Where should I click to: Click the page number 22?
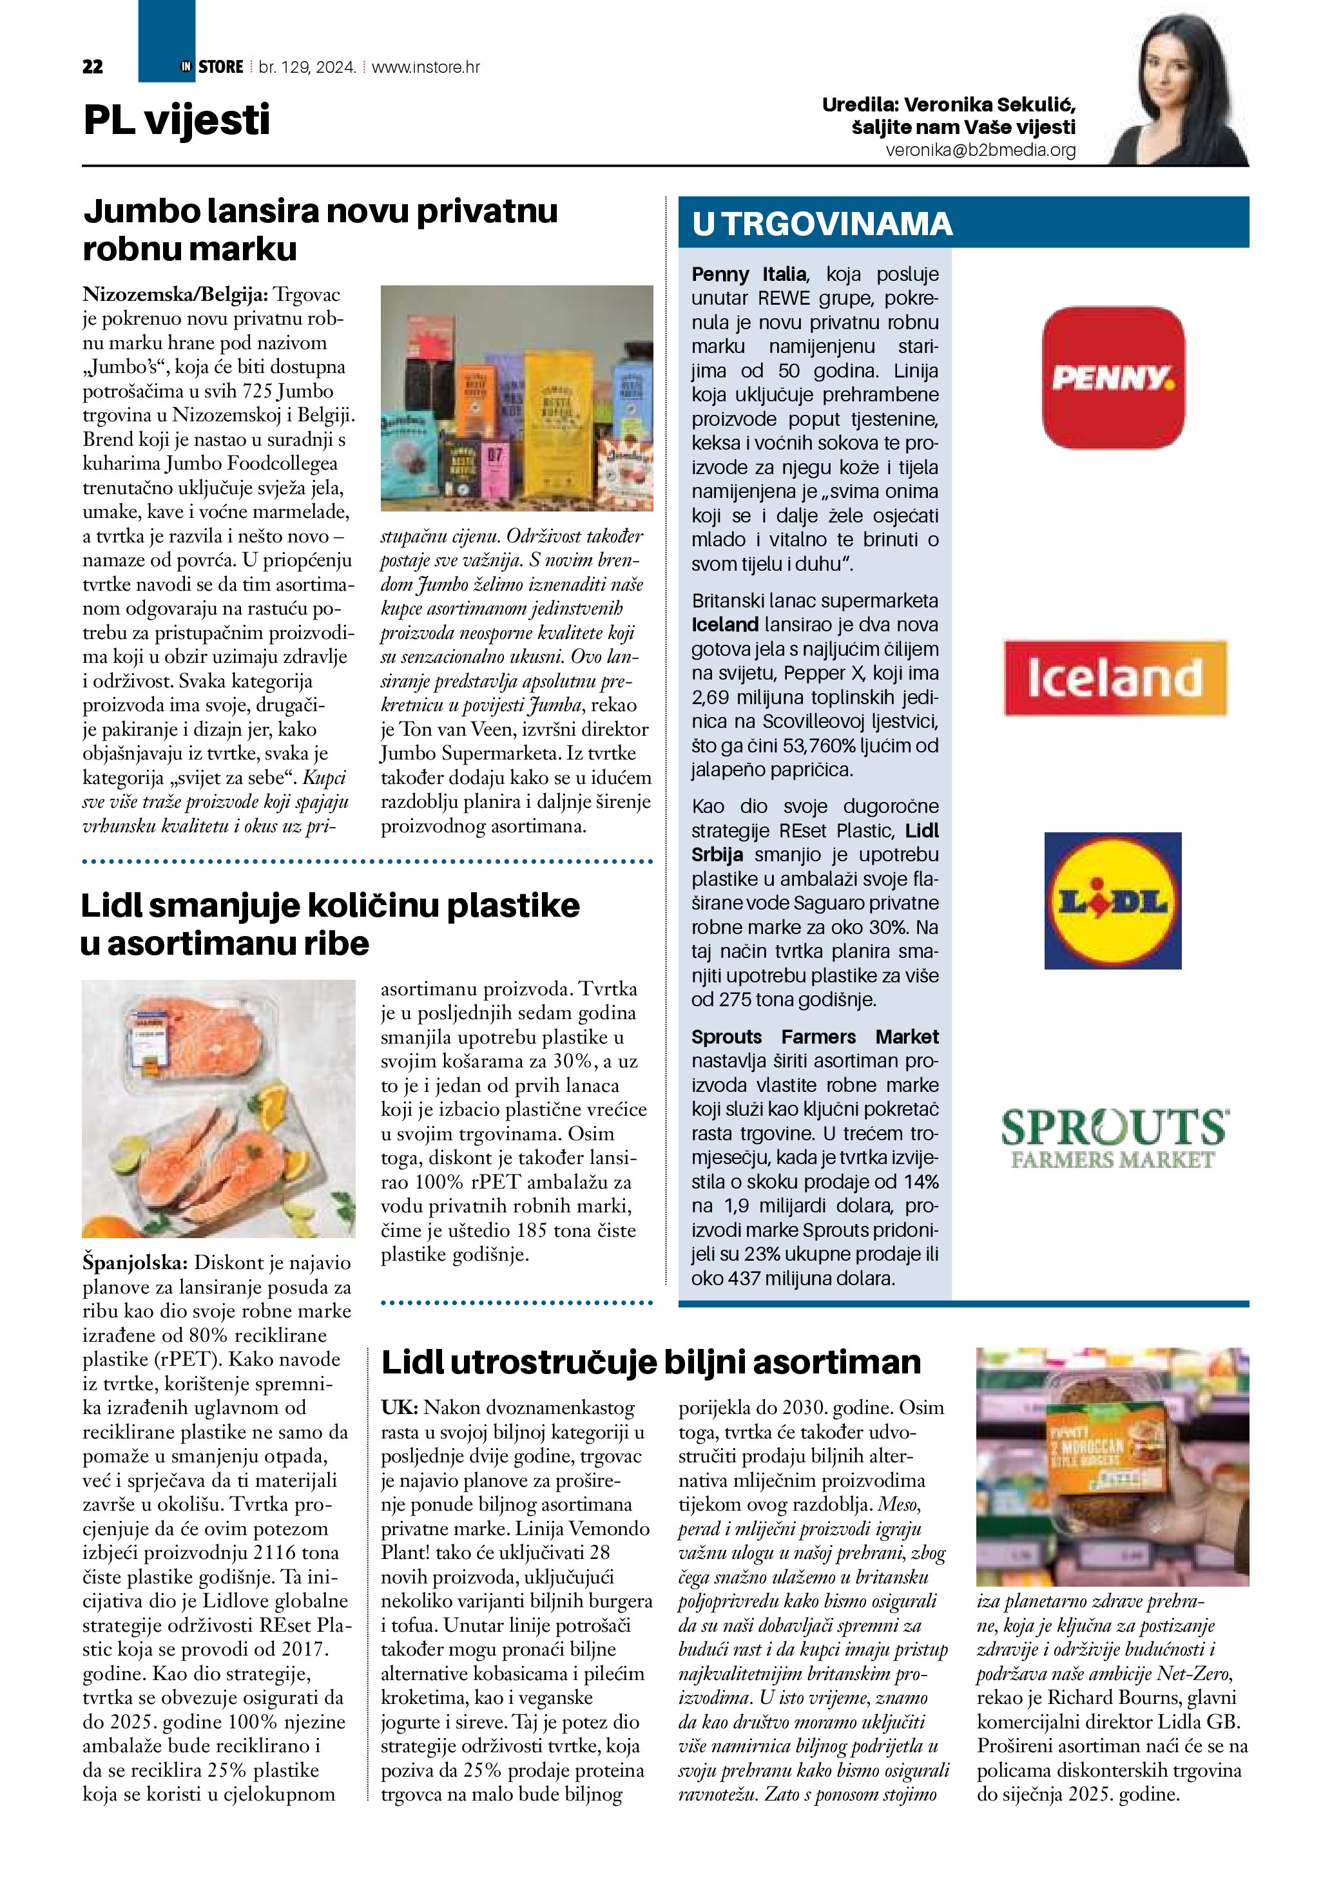pyautogui.click(x=93, y=67)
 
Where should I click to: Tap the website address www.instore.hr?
pyautogui.click(x=426, y=67)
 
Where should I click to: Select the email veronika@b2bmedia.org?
pyautogui.click(x=980, y=150)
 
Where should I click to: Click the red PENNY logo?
pyautogui.click(x=1113, y=378)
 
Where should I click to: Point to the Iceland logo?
pyautogui.click(x=1115, y=678)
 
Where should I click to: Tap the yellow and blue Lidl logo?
pyautogui.click(x=1112, y=901)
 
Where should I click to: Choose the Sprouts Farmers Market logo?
pyautogui.click(x=1114, y=1138)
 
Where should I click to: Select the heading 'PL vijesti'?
pyautogui.click(x=177, y=120)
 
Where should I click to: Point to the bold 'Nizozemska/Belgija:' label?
pyautogui.click(x=175, y=294)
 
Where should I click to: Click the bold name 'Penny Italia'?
pyautogui.click(x=749, y=274)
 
